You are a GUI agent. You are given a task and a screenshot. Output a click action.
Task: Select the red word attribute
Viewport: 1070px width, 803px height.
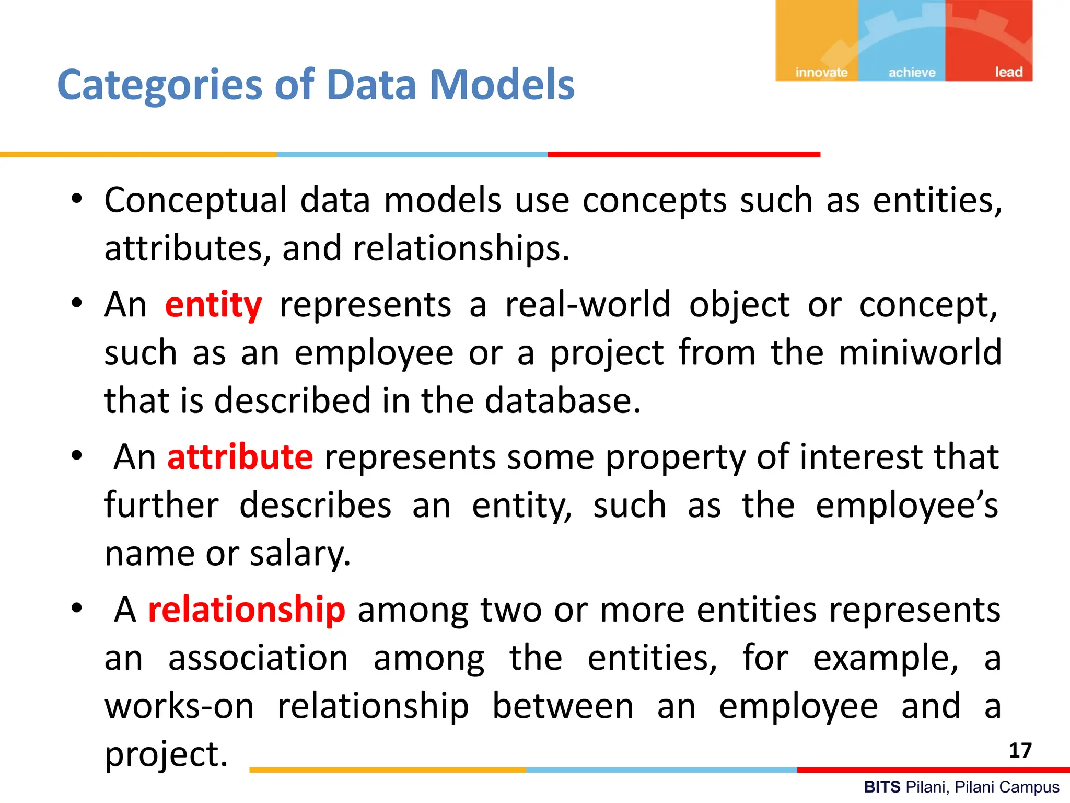240,457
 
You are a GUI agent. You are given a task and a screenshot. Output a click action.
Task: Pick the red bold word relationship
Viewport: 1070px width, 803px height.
247,610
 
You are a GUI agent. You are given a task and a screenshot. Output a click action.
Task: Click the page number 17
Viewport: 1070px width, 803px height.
1020,751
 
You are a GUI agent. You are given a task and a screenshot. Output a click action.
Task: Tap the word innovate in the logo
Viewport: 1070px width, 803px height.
821,72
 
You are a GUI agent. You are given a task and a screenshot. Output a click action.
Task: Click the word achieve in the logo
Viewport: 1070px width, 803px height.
912,72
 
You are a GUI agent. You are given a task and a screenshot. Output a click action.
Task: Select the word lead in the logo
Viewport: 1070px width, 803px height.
1008,72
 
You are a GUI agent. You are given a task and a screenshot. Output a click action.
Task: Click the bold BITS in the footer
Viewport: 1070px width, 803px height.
882,787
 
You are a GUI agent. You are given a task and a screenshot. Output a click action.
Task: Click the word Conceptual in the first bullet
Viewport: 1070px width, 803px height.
195,200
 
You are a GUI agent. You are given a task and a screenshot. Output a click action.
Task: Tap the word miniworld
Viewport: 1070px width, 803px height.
920,352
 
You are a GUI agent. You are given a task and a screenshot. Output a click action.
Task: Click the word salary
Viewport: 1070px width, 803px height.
300,554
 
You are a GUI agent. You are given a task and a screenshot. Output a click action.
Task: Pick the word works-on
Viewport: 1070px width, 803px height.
179,706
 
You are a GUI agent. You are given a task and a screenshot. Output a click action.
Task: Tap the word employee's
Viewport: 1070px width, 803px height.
907,506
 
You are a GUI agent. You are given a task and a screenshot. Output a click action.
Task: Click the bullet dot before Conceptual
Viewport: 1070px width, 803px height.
77,199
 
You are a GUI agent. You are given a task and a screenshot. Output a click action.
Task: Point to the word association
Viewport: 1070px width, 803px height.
258,658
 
